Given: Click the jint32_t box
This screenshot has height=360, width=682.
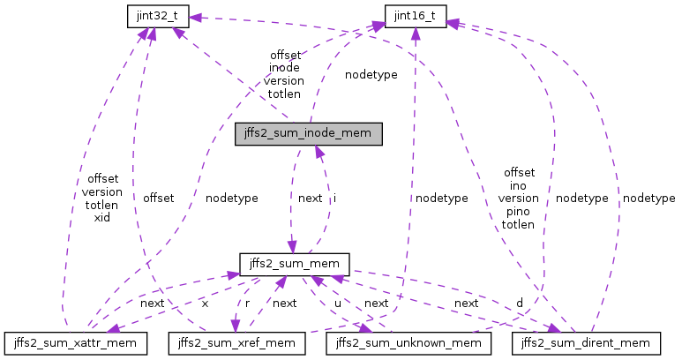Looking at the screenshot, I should (x=152, y=14).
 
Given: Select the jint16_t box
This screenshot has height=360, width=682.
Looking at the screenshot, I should (x=416, y=14).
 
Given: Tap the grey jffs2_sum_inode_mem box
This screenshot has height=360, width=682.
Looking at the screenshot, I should (x=309, y=134).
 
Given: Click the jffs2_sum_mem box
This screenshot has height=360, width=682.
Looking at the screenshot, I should (x=296, y=263).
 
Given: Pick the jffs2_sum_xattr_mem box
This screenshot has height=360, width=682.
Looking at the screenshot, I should (x=75, y=341).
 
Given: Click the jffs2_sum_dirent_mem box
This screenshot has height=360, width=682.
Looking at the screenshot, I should (x=586, y=341).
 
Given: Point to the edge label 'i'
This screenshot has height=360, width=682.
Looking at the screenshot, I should (x=334, y=199).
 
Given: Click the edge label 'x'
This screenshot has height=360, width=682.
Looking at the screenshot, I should (x=205, y=303).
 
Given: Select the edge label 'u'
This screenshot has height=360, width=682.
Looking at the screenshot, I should (x=337, y=303).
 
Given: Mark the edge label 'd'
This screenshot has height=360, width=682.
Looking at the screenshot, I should (x=519, y=303).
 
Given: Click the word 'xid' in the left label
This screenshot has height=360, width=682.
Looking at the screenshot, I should (x=101, y=217).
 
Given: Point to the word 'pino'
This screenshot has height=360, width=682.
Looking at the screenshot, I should (x=518, y=212).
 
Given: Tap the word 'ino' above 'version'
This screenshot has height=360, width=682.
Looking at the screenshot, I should (x=518, y=185).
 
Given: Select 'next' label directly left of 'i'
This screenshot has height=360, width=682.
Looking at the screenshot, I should (x=310, y=199).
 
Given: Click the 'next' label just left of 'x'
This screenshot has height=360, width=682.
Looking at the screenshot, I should (x=152, y=303).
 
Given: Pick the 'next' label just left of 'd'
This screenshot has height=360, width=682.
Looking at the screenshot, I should (x=466, y=303).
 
